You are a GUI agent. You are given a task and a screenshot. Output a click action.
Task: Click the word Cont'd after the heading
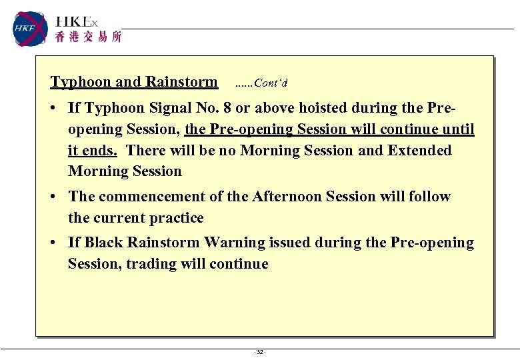point(271,83)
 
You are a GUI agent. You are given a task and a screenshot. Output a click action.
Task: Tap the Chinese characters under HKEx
point(88,37)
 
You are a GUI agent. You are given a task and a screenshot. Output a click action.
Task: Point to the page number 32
point(260,352)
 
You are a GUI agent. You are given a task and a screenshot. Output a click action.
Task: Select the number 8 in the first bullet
point(247,108)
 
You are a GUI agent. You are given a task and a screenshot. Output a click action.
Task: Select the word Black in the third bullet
point(103,243)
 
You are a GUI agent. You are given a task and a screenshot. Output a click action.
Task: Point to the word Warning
point(234,243)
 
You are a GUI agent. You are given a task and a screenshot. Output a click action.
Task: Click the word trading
point(149,264)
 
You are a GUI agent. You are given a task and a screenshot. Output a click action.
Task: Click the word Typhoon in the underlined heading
point(81,82)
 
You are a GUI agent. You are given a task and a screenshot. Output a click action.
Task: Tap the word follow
point(429,197)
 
